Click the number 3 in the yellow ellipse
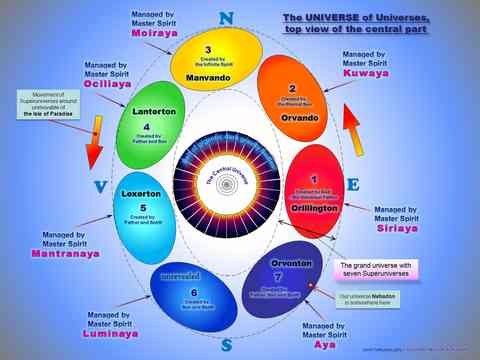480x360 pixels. click(x=208, y=49)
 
